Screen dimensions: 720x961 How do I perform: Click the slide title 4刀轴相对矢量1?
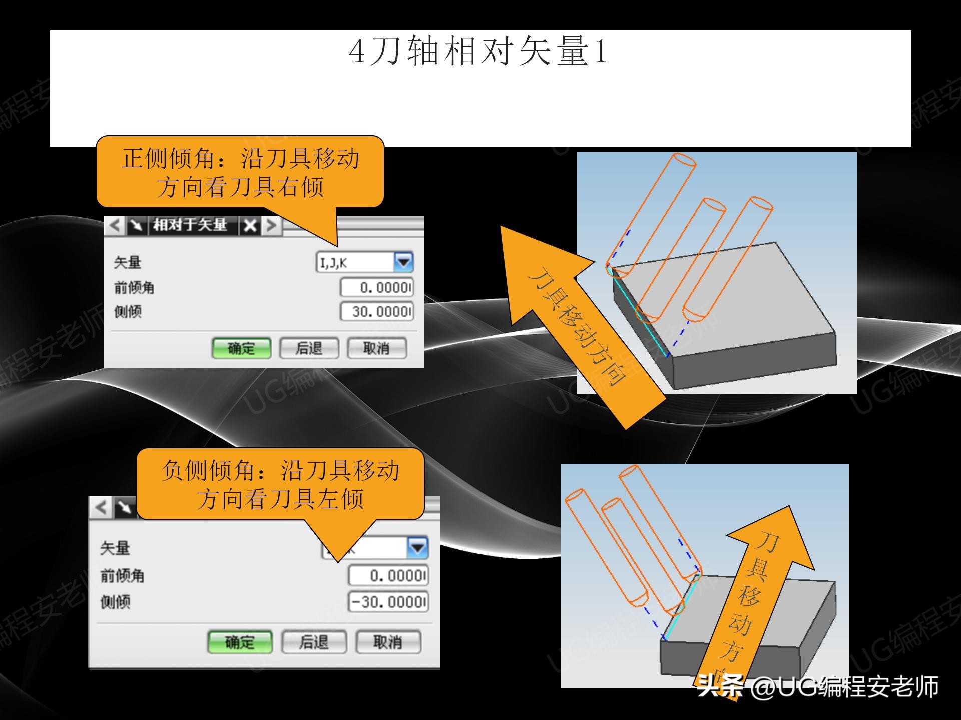[x=478, y=51]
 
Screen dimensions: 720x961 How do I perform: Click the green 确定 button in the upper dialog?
[x=241, y=348]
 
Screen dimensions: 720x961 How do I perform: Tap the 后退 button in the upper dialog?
[x=309, y=348]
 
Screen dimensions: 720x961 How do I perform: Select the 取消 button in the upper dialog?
[x=376, y=348]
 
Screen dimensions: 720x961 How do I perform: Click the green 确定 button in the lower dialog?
[x=240, y=642]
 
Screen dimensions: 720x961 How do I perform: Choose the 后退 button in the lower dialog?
[x=314, y=642]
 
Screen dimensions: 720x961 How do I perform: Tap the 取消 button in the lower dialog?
[x=388, y=642]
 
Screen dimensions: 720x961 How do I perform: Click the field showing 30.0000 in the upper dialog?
[x=377, y=312]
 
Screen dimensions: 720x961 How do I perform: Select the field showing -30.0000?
[x=388, y=602]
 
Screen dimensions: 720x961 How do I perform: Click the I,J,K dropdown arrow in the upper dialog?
[x=403, y=262]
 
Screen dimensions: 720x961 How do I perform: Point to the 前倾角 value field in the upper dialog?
[x=377, y=288]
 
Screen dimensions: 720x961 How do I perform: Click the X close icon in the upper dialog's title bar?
[x=250, y=226]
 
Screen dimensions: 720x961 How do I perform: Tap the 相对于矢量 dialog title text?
[x=190, y=225]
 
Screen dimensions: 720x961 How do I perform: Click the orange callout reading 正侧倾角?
[x=240, y=172]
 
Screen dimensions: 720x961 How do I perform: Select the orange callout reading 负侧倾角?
[x=280, y=484]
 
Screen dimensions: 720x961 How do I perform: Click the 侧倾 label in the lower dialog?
[x=116, y=602]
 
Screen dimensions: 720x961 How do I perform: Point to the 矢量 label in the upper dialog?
[x=128, y=262]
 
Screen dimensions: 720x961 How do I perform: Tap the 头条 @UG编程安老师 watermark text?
[x=818, y=687]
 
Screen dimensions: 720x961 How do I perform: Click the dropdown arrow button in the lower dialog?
[x=417, y=548]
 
